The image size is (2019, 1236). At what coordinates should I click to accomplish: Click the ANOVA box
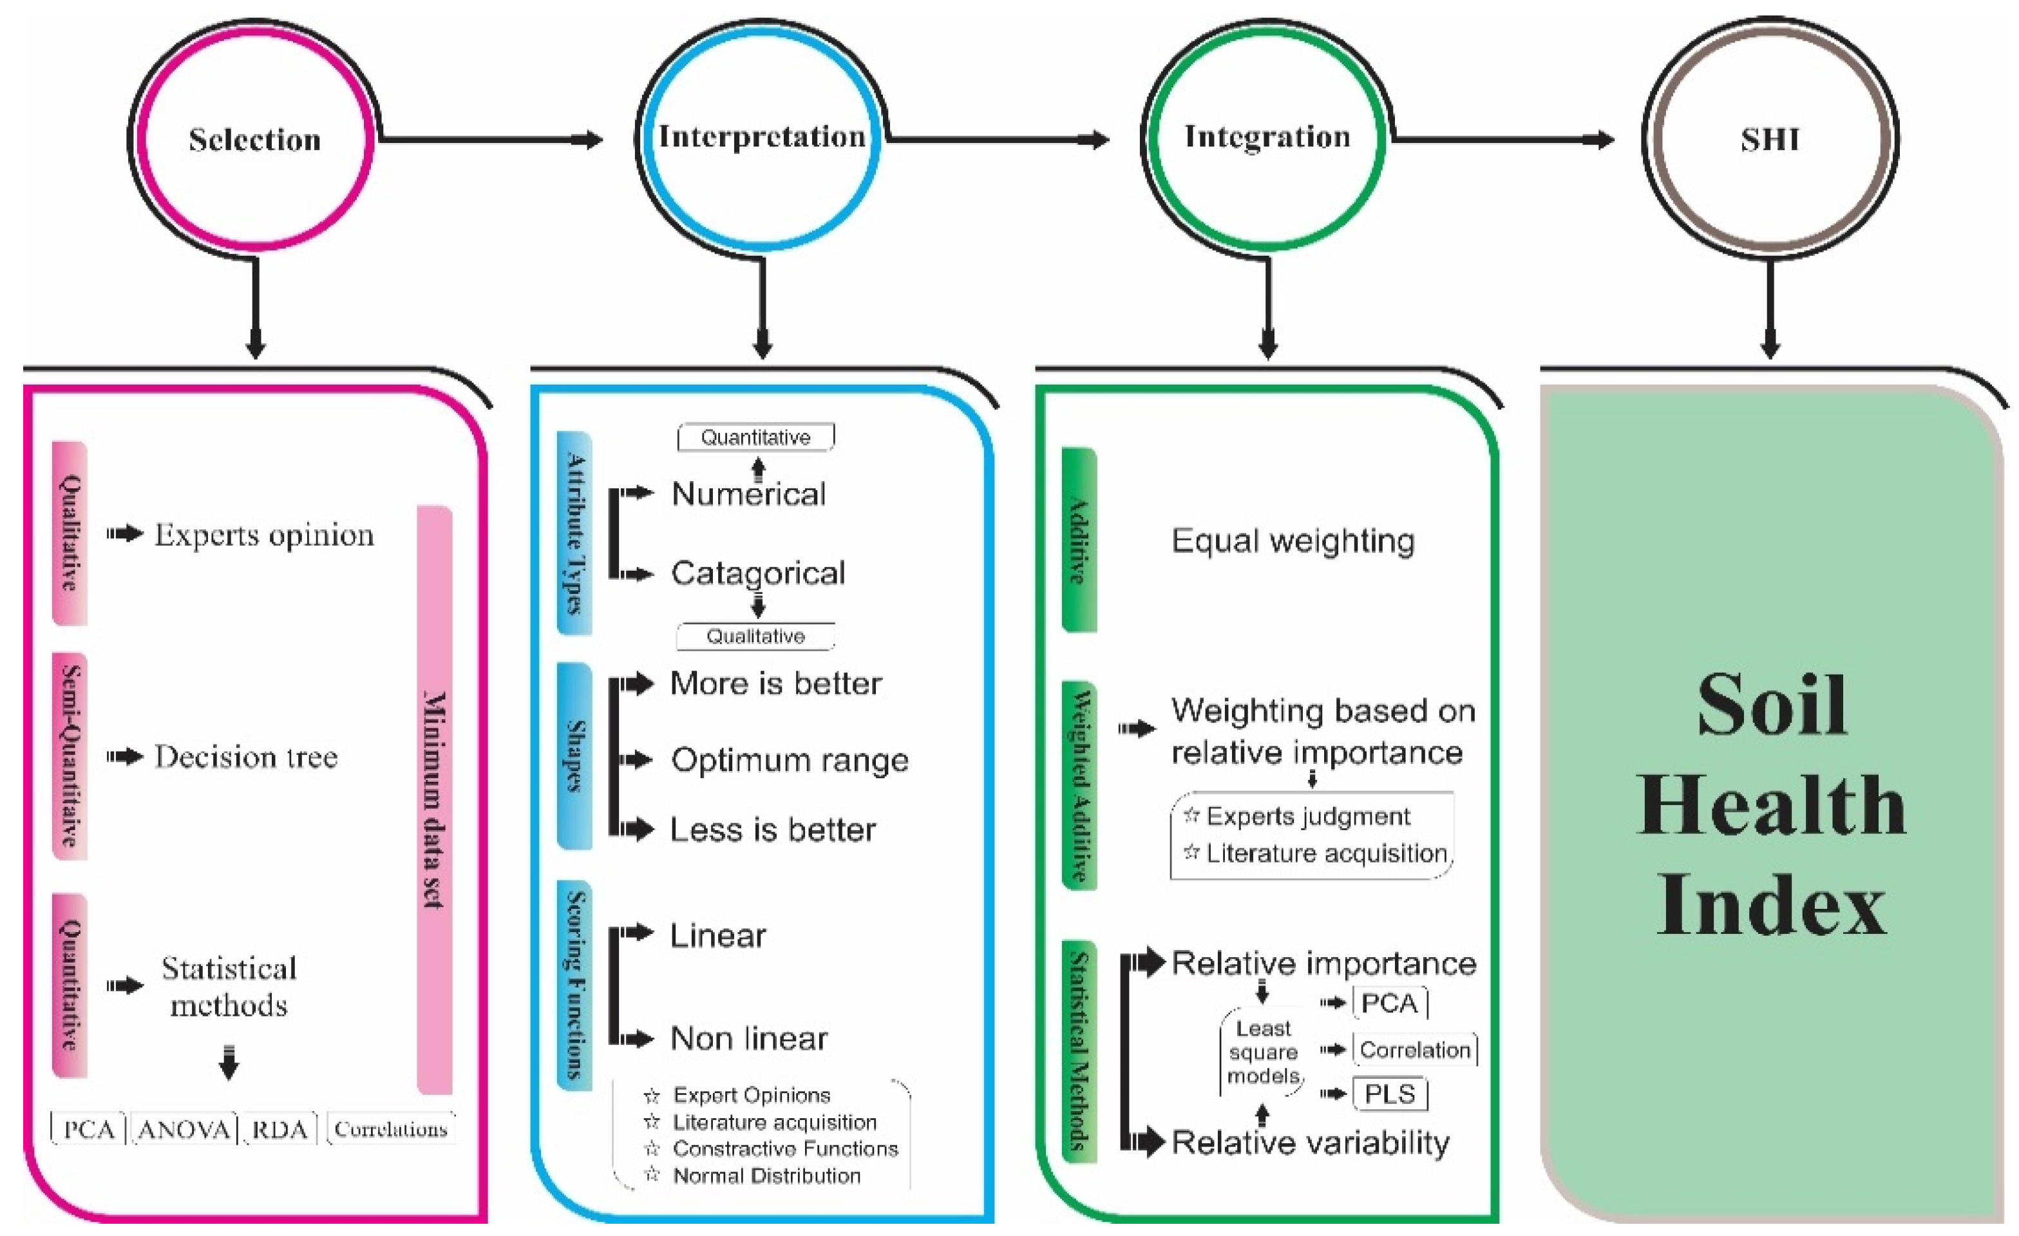click(x=184, y=1130)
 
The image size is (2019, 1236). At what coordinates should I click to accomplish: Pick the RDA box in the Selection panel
click(x=280, y=1130)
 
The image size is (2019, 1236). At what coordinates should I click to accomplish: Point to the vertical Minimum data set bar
click(x=434, y=800)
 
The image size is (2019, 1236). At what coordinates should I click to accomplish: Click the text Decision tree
click(x=246, y=757)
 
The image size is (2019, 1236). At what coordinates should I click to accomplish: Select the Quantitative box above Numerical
click(x=755, y=438)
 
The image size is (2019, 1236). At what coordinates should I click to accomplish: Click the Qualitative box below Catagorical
click(x=755, y=637)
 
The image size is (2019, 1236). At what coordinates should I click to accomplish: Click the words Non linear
click(x=749, y=1040)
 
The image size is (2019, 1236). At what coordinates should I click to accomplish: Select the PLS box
click(x=1390, y=1095)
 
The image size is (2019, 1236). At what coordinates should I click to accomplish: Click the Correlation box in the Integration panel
click(x=1415, y=1051)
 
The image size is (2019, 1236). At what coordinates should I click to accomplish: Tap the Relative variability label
click(x=1310, y=1143)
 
